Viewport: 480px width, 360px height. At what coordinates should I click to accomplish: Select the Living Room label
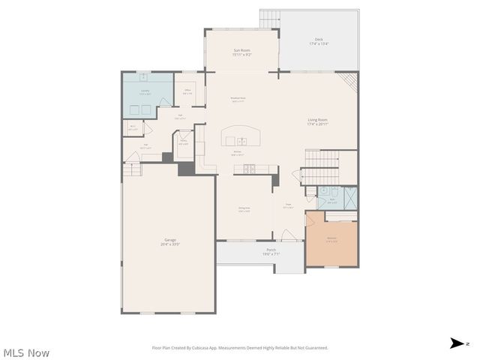coord(322,121)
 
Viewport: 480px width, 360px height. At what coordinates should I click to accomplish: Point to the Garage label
coord(170,241)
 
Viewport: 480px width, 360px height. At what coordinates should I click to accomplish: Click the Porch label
coord(271,252)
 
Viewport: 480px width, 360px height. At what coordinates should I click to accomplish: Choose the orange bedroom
coord(331,240)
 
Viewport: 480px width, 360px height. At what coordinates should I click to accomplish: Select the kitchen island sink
coord(241,140)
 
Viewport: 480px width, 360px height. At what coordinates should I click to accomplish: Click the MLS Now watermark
coord(26,352)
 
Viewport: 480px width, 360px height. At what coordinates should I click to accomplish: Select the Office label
coord(187,91)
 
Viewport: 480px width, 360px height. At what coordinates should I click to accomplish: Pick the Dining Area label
coord(244,211)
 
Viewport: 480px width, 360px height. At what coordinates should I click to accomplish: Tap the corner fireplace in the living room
coord(347,79)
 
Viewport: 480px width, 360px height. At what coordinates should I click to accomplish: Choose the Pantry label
coord(183,142)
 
